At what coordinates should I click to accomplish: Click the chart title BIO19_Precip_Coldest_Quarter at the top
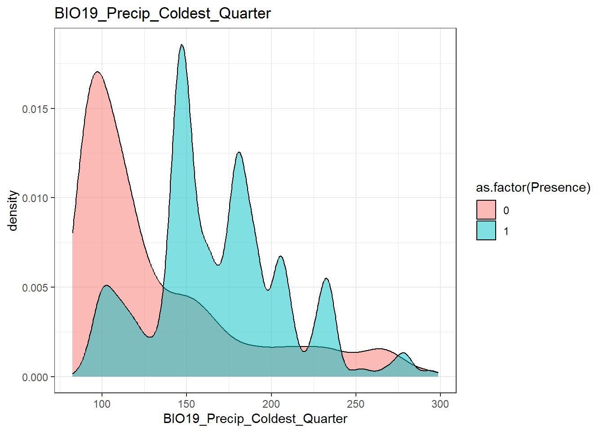click(x=162, y=13)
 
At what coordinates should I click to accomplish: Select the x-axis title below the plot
click(x=255, y=418)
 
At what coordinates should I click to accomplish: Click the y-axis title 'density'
click(x=13, y=211)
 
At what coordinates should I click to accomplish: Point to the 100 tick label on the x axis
click(x=102, y=404)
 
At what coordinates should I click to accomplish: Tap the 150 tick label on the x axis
click(x=187, y=404)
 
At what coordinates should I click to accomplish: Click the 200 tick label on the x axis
click(x=271, y=404)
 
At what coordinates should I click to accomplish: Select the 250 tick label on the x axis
click(x=355, y=404)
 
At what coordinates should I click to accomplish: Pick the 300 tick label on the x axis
click(x=440, y=404)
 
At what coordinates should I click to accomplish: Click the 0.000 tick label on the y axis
click(x=35, y=377)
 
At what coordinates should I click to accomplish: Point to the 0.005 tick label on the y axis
click(x=35, y=288)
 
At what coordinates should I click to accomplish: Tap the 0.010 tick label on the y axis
click(x=35, y=198)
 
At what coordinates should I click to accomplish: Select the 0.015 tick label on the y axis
click(x=35, y=109)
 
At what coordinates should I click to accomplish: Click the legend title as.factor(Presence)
click(x=533, y=188)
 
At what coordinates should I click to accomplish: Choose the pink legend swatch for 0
click(x=486, y=210)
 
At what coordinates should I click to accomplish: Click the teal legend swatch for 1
click(x=486, y=231)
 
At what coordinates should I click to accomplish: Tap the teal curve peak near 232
click(x=326, y=279)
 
